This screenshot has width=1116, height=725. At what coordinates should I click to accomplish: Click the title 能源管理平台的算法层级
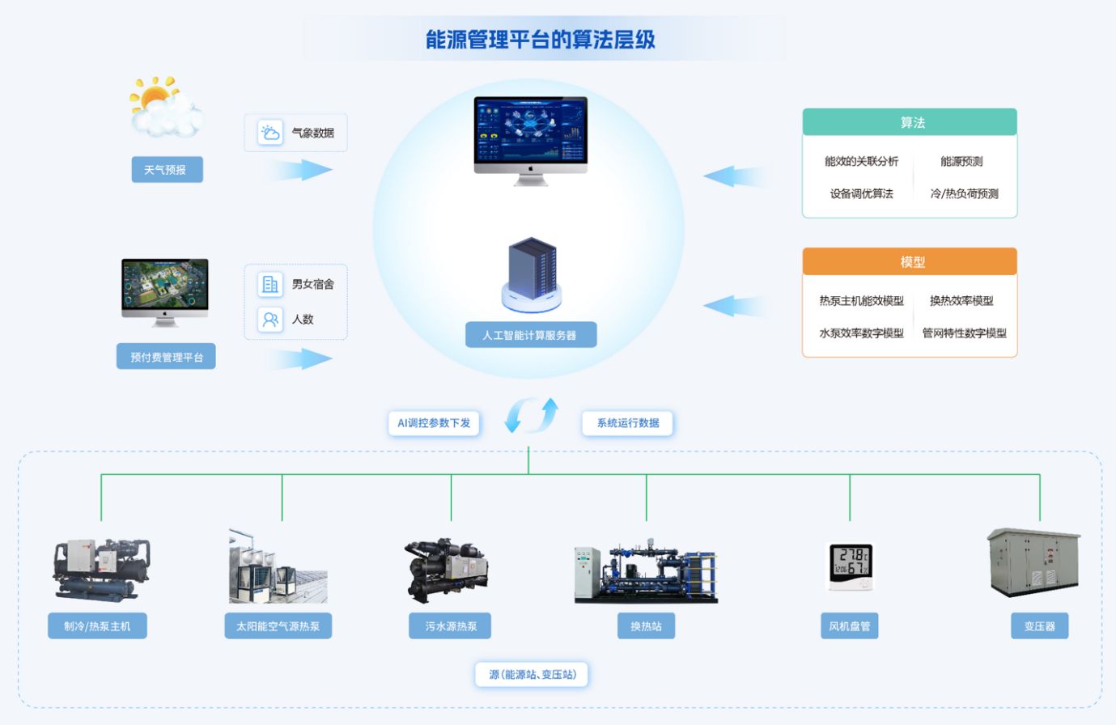541,39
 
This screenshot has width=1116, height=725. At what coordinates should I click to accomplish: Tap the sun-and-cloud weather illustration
164,106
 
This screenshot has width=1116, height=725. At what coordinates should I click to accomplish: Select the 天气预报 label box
167,170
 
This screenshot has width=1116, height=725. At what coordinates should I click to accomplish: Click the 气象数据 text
312,133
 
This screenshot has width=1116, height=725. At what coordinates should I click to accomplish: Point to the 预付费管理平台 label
166,357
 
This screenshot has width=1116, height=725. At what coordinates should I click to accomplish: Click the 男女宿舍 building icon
270,284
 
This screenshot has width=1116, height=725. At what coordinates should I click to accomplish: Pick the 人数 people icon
270,320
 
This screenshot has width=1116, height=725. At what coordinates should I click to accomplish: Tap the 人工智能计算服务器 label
530,335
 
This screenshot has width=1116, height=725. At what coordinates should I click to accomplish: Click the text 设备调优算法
861,193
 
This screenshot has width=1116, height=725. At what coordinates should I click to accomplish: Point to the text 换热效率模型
961,300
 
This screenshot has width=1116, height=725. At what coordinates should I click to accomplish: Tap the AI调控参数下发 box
434,423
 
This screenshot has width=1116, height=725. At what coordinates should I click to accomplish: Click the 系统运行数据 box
627,423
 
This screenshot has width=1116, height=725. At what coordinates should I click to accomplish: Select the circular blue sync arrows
532,414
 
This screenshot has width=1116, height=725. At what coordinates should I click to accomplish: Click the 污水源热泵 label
451,626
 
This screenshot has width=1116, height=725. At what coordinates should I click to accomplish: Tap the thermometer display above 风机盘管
851,566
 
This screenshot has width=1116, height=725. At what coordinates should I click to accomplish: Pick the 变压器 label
1040,626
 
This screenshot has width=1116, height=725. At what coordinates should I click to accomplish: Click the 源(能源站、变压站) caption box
532,674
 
